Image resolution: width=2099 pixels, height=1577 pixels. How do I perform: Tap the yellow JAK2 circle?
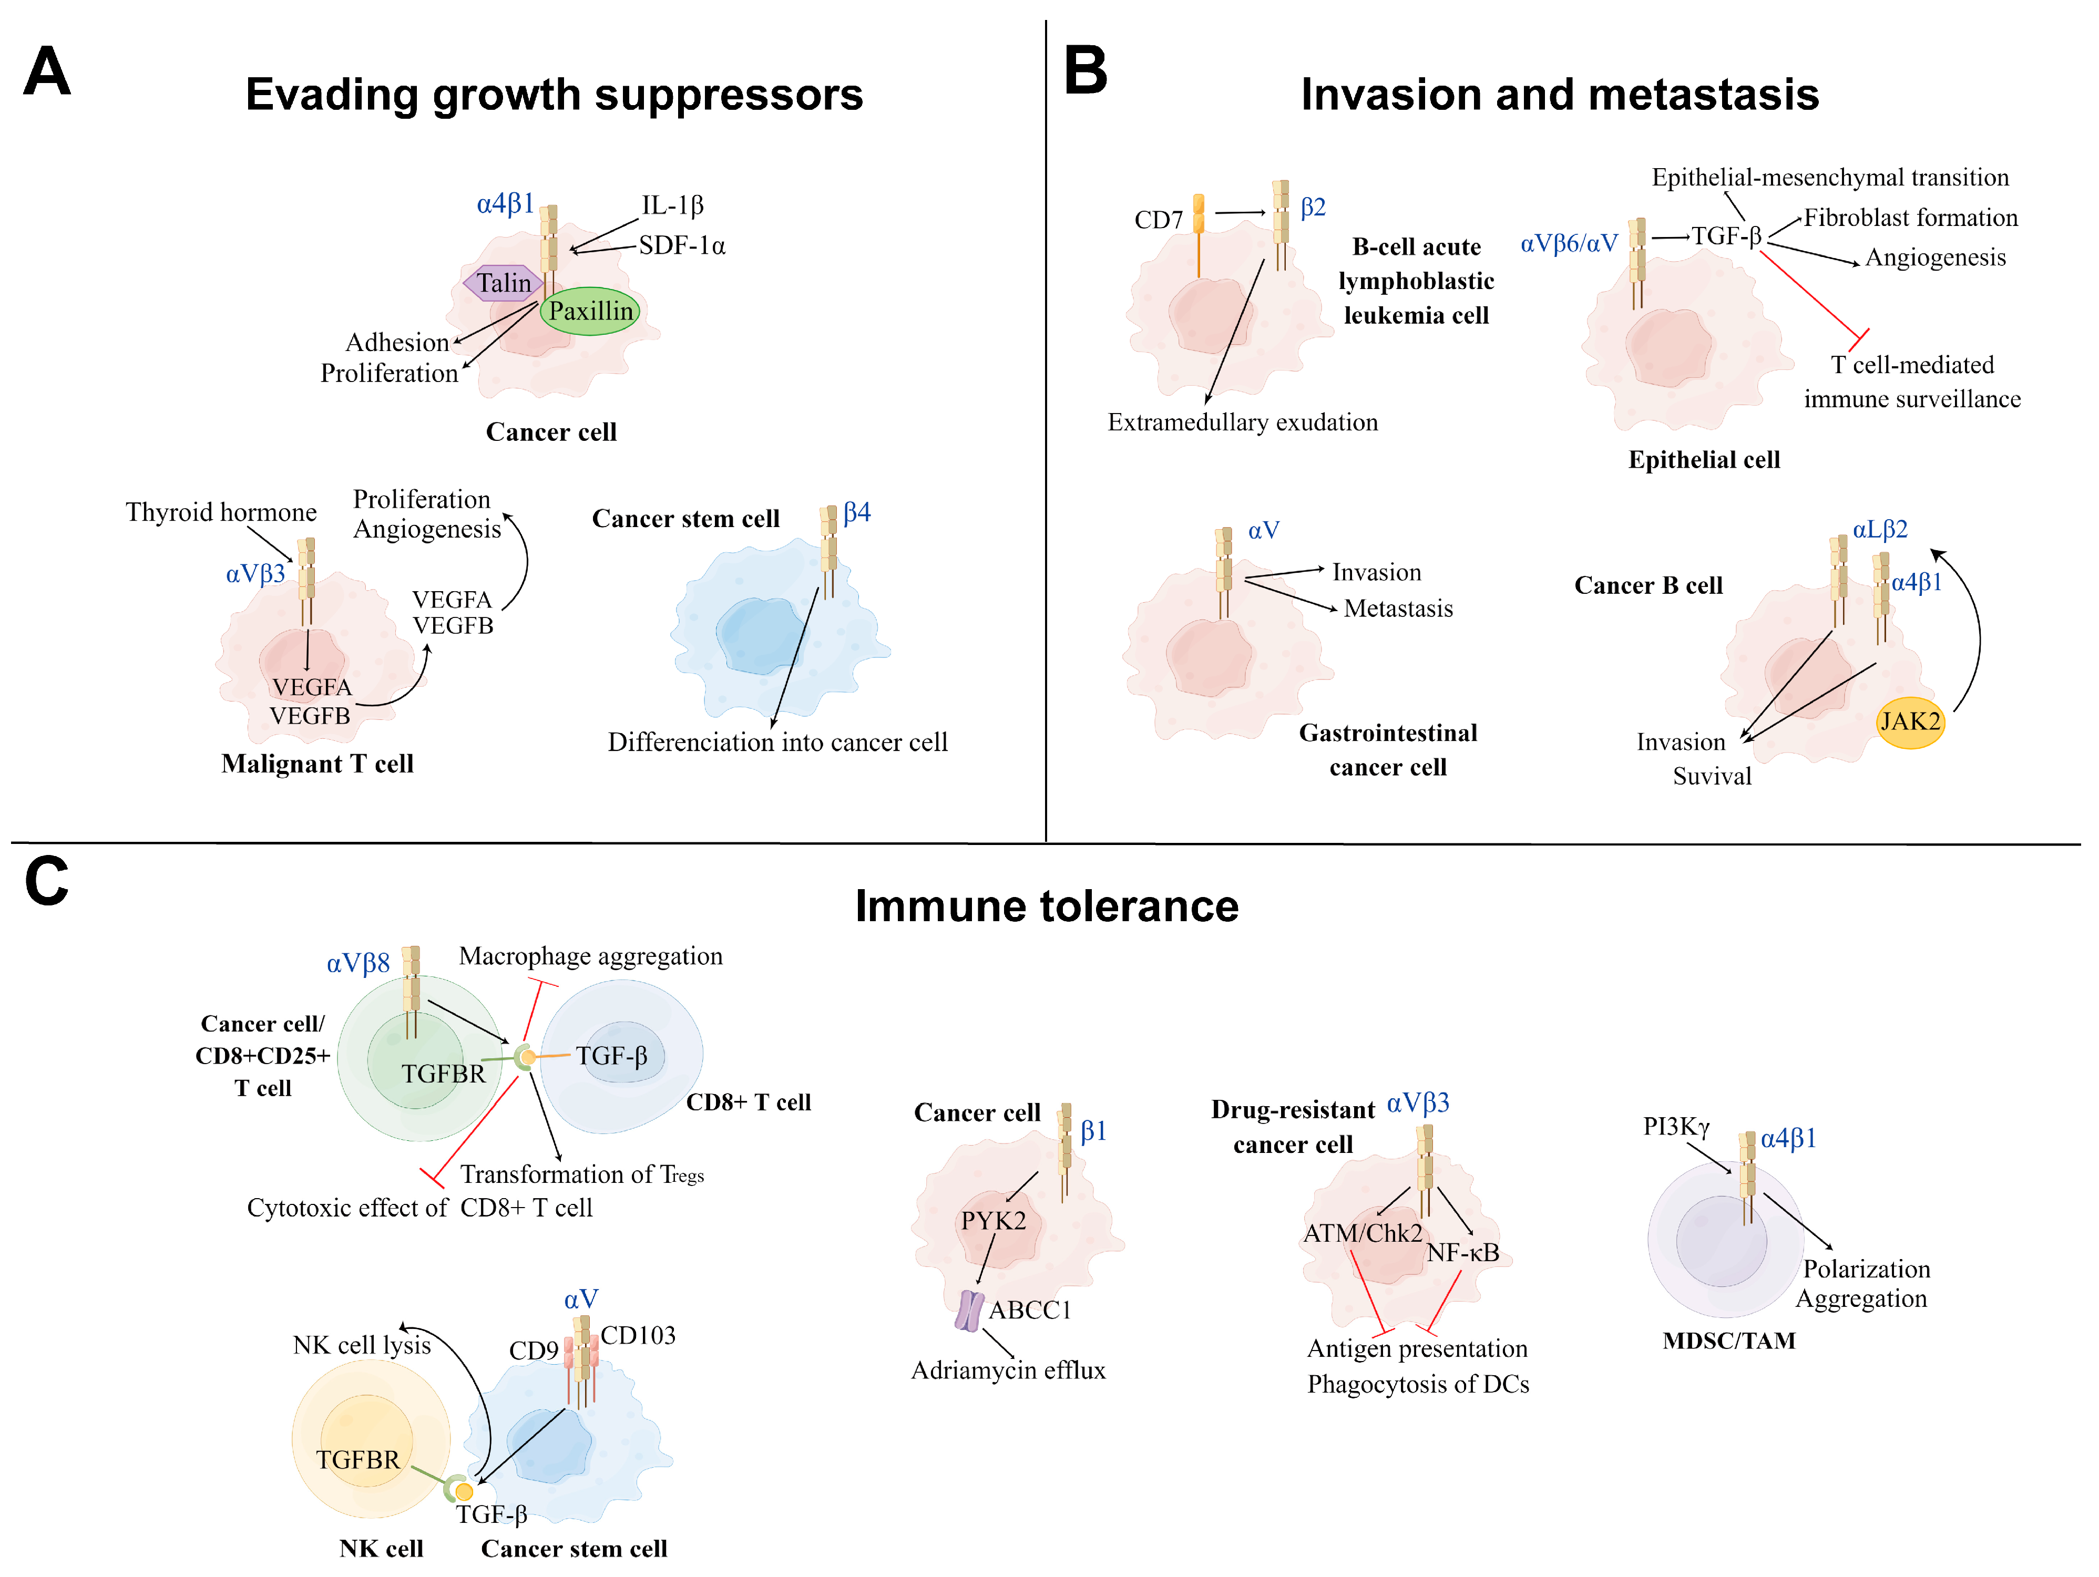click(1910, 722)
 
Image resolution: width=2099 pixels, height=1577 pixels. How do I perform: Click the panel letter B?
click(1086, 70)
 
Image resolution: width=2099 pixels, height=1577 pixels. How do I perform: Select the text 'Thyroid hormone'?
click(221, 512)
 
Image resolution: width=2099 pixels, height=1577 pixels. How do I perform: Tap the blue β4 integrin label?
click(857, 513)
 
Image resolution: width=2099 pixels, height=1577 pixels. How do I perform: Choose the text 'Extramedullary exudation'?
click(1242, 422)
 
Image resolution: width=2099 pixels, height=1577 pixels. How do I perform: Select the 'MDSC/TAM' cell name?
click(1729, 1341)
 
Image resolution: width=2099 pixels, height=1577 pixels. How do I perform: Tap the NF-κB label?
click(1463, 1252)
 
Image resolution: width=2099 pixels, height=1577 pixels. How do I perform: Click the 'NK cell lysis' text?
click(362, 1345)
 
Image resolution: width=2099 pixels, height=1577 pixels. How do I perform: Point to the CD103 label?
click(638, 1335)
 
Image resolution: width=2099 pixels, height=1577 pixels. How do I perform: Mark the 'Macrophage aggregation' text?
click(590, 956)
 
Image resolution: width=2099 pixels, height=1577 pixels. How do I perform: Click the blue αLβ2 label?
click(1880, 530)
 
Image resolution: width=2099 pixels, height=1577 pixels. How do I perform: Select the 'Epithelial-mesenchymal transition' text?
click(1829, 178)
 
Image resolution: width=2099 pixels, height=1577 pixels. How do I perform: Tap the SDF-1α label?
click(681, 246)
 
